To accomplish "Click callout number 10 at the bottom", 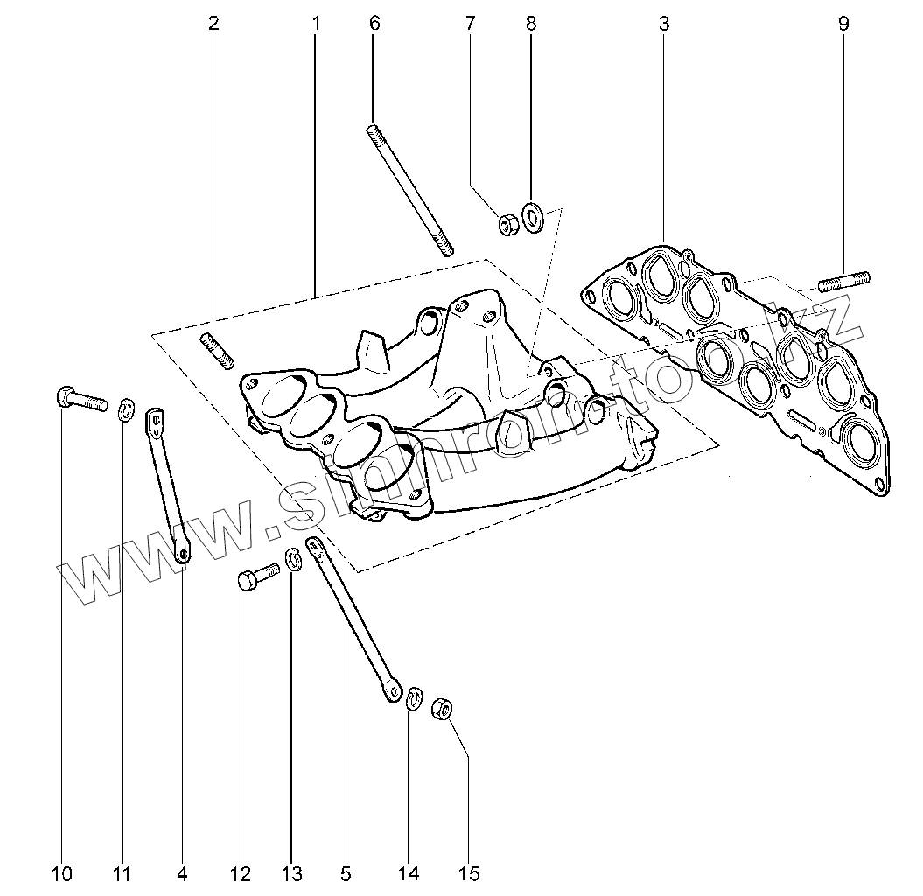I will point(62,872).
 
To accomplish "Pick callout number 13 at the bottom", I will point(291,872).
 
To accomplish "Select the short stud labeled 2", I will point(219,351).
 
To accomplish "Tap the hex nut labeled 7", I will point(507,225).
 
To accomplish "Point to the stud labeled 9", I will point(844,282).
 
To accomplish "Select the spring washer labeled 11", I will point(126,408).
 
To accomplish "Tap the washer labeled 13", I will point(295,559).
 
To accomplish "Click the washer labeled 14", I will point(415,699).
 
